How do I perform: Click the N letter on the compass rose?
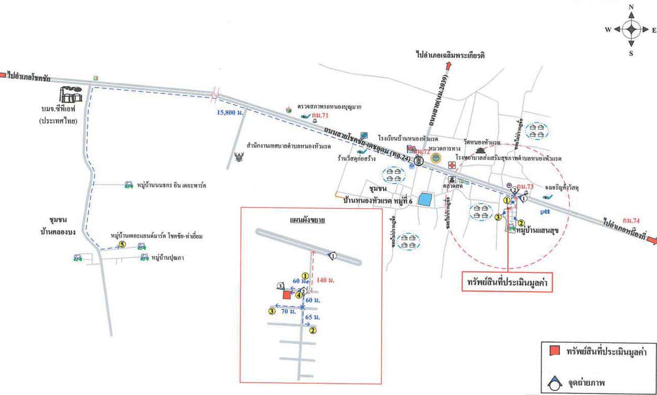click(x=631, y=7)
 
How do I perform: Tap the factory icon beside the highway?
click(x=71, y=95)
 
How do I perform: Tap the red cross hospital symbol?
click(x=452, y=165)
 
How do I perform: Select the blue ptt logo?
click(x=545, y=211)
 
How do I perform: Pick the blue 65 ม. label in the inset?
click(x=313, y=318)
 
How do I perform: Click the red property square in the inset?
click(x=286, y=295)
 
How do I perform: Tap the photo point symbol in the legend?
click(x=554, y=382)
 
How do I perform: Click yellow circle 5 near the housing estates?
click(x=122, y=244)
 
